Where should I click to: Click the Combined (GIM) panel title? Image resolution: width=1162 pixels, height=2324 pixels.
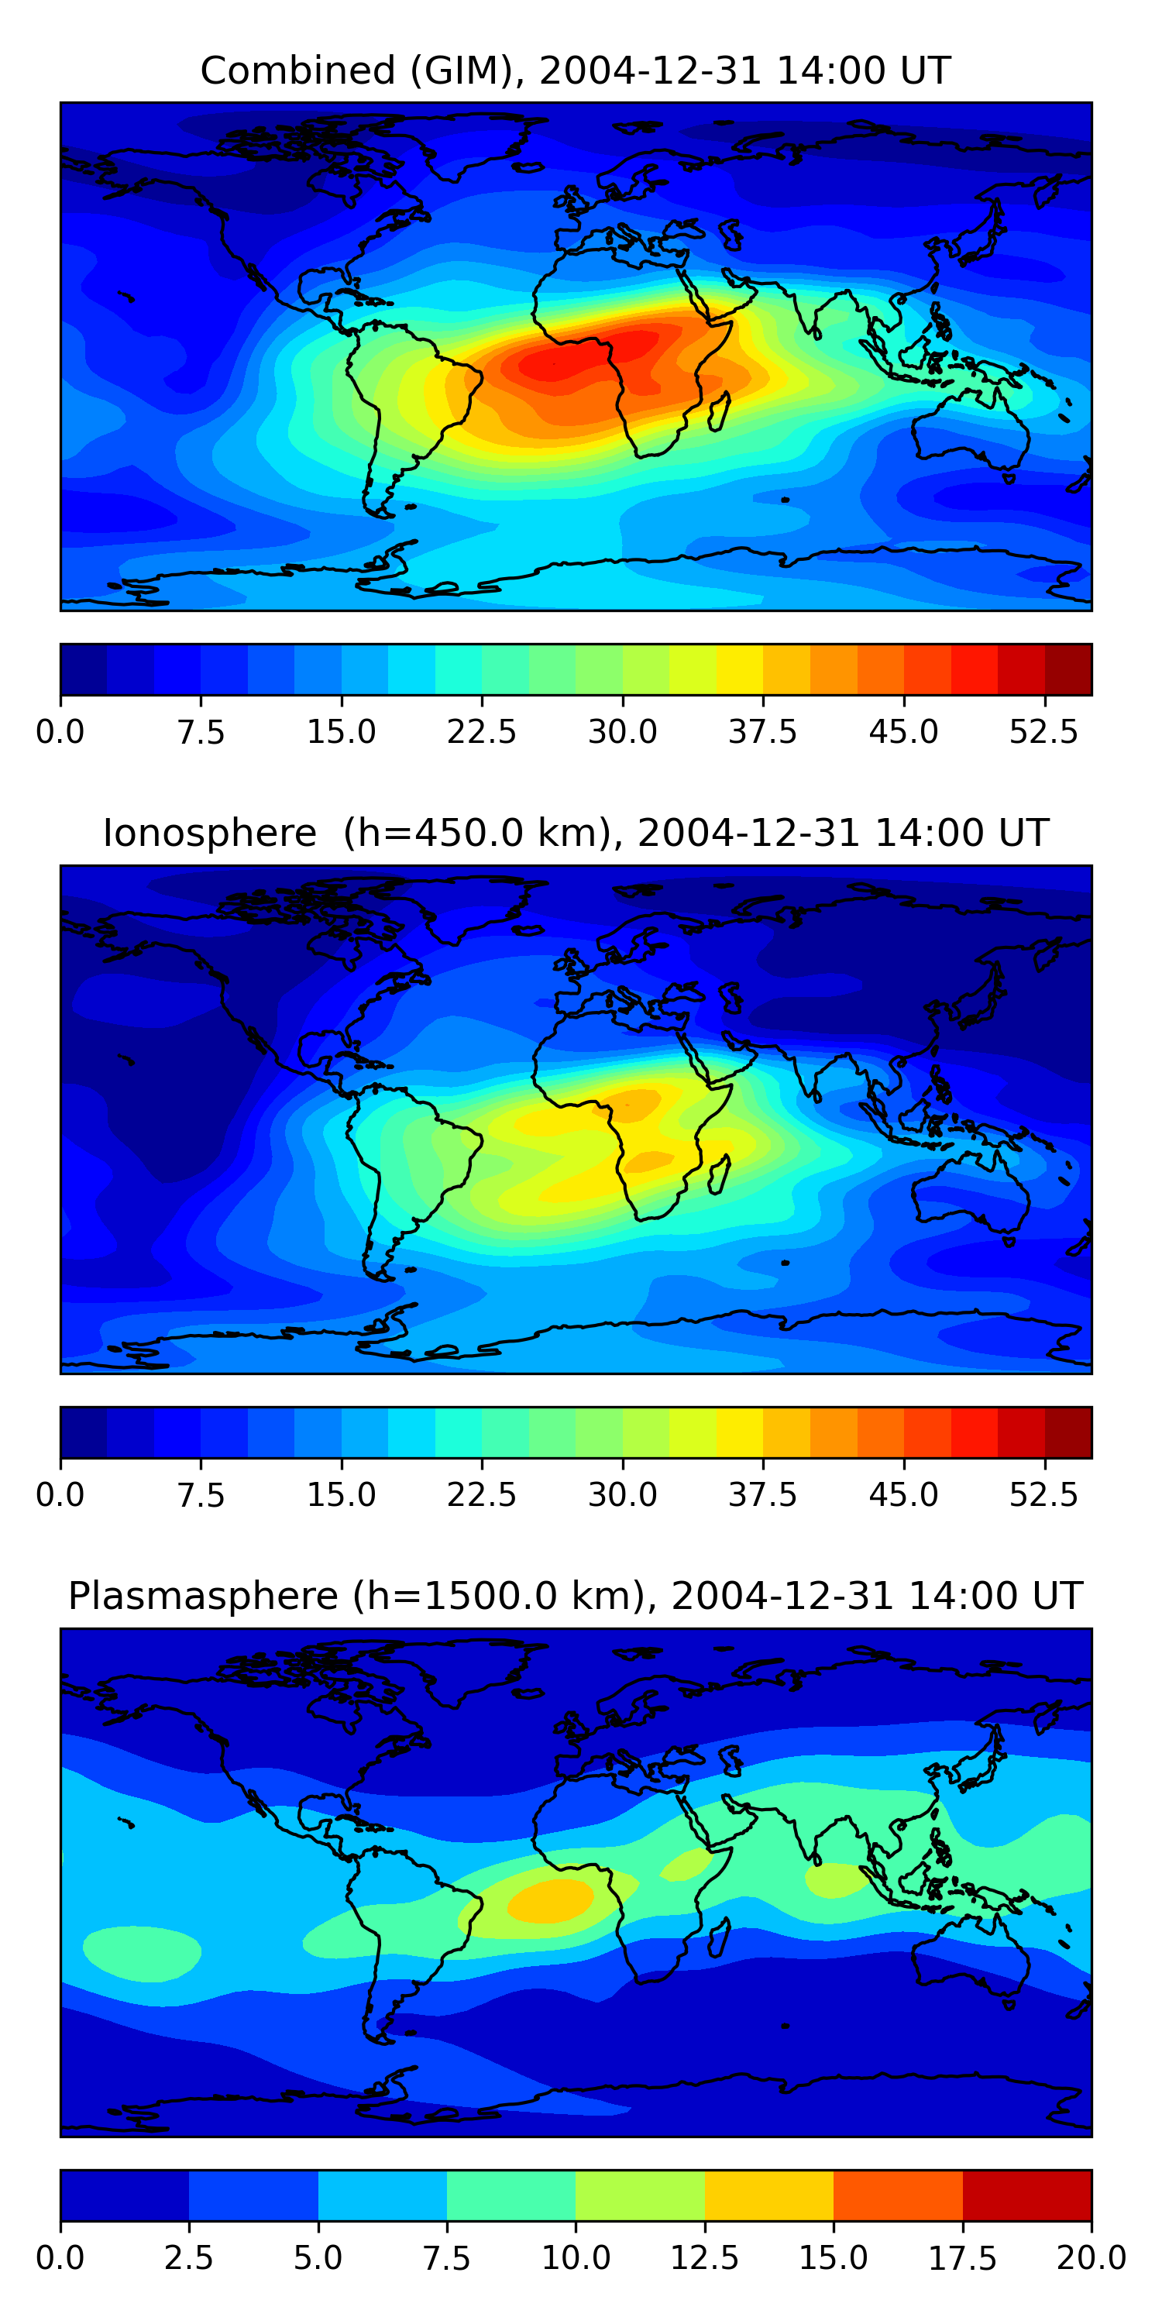coord(576,70)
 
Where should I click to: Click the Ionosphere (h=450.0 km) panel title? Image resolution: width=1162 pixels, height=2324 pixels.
coord(576,833)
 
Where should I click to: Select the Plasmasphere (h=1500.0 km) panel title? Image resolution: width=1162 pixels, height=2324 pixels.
coord(576,1596)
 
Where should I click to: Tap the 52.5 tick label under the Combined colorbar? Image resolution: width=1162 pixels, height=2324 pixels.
coord(1043,731)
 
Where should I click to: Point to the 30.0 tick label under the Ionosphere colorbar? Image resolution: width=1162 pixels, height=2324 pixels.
coord(623,1495)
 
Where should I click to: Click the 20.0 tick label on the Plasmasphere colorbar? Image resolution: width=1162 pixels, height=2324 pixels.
coord(1092,2258)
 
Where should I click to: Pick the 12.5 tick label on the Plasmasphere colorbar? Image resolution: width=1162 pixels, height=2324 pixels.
coord(705,2258)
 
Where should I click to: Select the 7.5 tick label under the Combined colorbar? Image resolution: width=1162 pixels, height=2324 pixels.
coord(201,731)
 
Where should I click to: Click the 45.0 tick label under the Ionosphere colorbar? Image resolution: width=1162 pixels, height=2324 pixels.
coord(904,1495)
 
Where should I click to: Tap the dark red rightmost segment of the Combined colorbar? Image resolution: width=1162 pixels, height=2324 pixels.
coord(1068,669)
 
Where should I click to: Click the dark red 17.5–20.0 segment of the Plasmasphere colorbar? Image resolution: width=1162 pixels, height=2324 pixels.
coord(1026,2195)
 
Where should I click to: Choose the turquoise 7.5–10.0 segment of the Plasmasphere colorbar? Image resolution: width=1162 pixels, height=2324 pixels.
coord(511,2195)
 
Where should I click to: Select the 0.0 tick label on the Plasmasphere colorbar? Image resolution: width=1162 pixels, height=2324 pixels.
coord(60,2258)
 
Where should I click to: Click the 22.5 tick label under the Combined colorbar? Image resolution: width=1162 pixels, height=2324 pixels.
coord(482,731)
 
